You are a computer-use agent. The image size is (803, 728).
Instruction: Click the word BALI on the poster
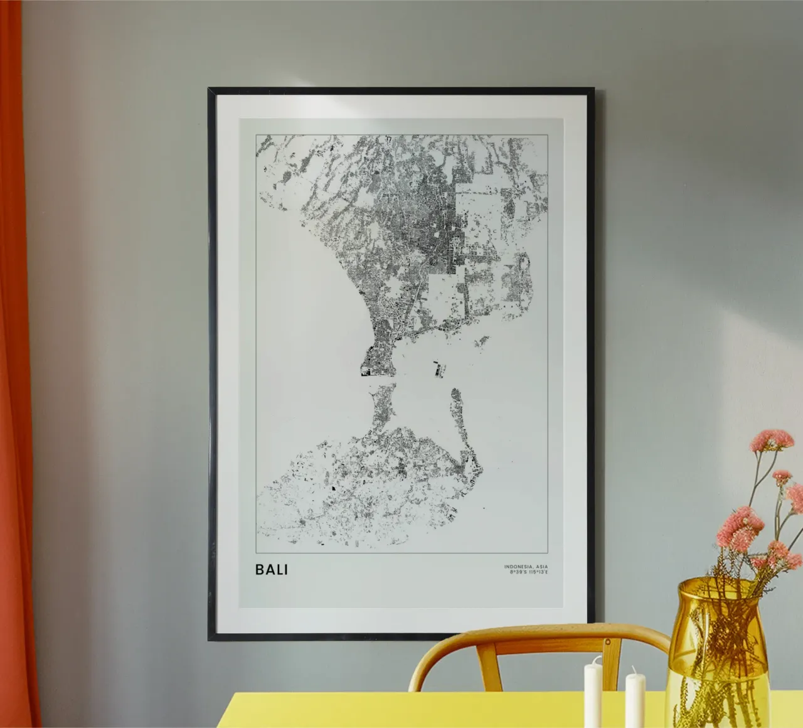(x=272, y=570)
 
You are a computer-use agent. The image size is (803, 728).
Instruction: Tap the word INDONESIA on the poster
(x=518, y=567)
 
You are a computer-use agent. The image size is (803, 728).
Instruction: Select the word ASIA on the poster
(x=541, y=567)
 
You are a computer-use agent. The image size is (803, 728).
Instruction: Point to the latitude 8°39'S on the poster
(x=517, y=572)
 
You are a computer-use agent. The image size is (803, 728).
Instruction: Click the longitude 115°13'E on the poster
(x=537, y=572)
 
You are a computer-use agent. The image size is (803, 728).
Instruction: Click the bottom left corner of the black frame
(x=210, y=638)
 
